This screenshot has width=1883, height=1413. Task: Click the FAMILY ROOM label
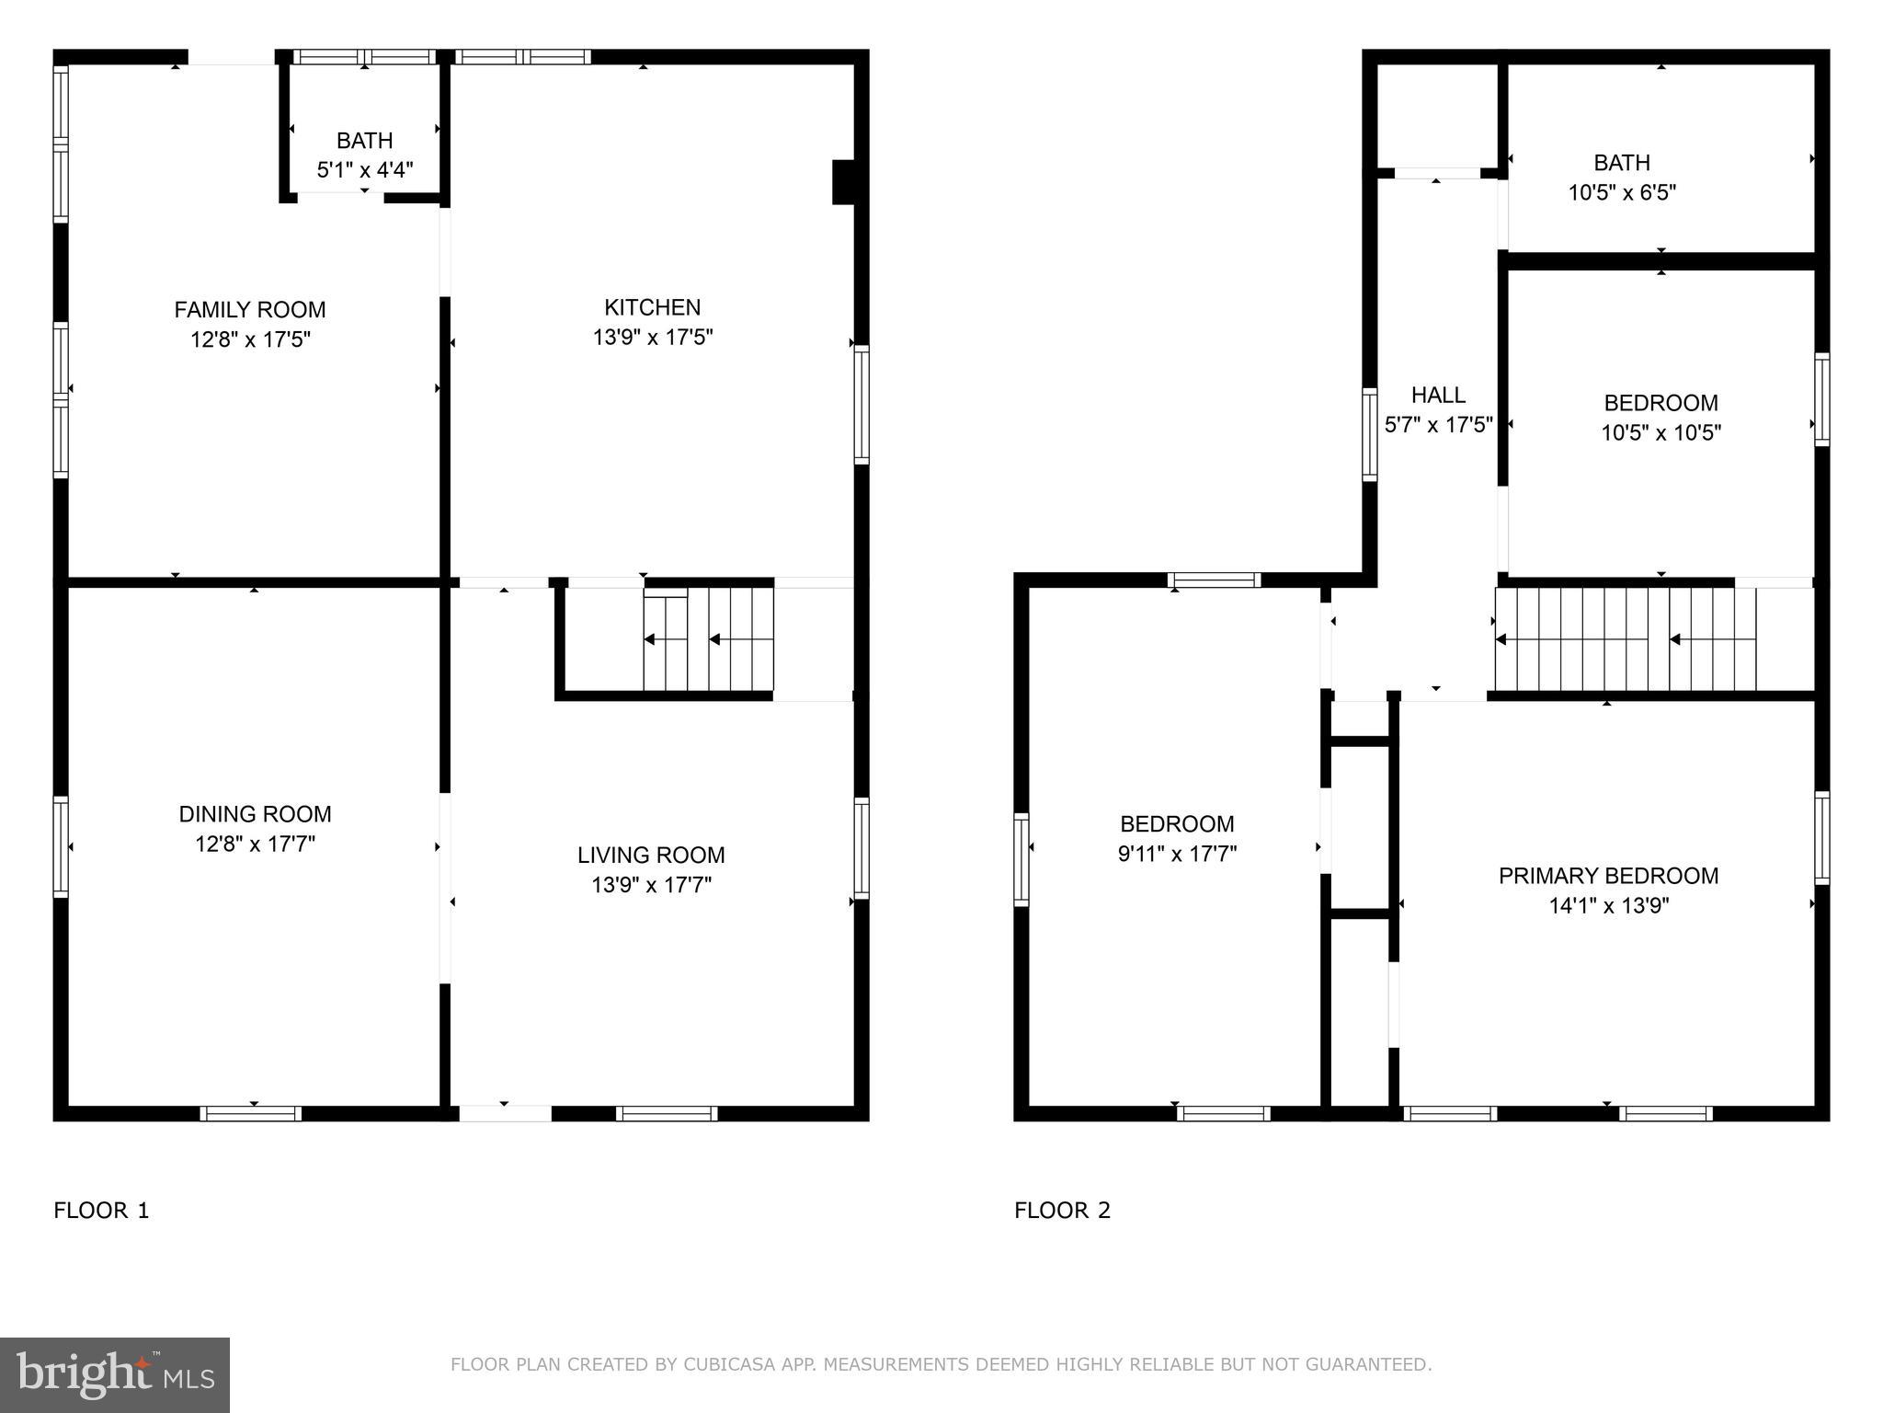tap(250, 310)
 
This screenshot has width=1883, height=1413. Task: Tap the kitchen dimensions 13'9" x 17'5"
tap(653, 338)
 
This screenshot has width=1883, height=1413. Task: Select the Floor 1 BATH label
tap(364, 141)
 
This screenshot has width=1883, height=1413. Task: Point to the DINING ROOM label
tap(255, 814)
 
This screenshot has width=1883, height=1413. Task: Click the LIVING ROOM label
tap(651, 856)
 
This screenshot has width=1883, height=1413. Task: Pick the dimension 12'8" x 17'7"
tap(255, 844)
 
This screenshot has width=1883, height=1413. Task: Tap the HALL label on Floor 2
tap(1438, 396)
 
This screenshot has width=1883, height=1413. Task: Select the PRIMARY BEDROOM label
tap(1608, 876)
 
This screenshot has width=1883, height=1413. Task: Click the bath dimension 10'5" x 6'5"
tap(1622, 193)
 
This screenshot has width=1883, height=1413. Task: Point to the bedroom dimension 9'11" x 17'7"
tap(1177, 854)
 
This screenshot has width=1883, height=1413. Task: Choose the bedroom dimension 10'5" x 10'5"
tap(1660, 433)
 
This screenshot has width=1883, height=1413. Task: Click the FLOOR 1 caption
tap(101, 1211)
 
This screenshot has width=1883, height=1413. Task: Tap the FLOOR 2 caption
tap(1062, 1211)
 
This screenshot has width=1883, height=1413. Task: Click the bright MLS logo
tap(115, 1374)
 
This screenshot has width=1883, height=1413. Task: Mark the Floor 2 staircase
tap(1625, 640)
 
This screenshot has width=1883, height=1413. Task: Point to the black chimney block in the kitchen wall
tap(844, 181)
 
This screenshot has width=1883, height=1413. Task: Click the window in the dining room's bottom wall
tap(251, 1113)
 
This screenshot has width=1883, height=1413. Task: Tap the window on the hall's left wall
tap(1369, 434)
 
